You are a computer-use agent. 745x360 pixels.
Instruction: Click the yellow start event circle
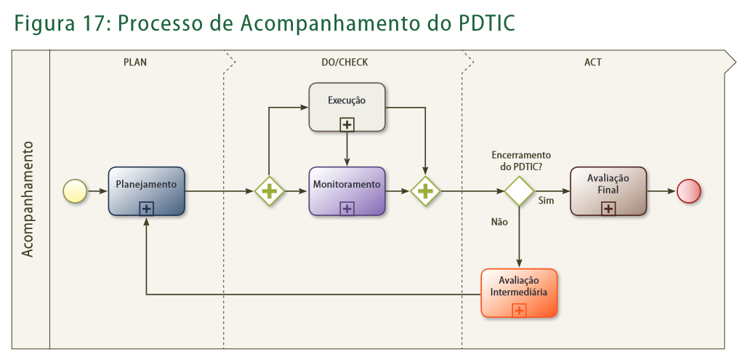click(x=75, y=191)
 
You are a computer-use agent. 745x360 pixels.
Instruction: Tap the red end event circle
click(x=688, y=191)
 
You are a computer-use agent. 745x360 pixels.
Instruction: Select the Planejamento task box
click(x=146, y=191)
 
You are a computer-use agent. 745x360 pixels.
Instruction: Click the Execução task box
click(x=347, y=107)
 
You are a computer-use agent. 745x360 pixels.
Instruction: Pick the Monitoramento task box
click(x=347, y=191)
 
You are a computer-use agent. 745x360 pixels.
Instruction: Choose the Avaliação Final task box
click(x=608, y=191)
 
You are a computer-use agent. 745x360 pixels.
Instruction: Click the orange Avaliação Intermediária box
click(x=519, y=292)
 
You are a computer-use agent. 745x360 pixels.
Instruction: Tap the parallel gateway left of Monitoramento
click(x=269, y=191)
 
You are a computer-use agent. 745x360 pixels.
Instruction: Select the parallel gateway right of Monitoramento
click(x=425, y=191)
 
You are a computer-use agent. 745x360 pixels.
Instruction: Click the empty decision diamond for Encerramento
click(x=520, y=191)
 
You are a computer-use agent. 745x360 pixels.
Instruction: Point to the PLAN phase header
click(x=135, y=63)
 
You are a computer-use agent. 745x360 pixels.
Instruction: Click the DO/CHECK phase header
click(x=345, y=63)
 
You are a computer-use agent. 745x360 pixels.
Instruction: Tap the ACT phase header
click(x=592, y=63)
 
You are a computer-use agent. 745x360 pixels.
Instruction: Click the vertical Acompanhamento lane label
click(x=28, y=199)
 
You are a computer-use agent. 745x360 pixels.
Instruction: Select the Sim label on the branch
click(x=546, y=201)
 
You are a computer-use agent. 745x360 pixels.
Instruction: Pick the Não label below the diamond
click(x=499, y=222)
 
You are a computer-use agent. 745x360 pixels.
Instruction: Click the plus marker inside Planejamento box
click(x=146, y=209)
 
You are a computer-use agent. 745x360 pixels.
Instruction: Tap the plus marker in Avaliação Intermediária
click(x=519, y=311)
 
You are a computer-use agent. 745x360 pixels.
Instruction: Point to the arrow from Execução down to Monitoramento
click(x=347, y=149)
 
